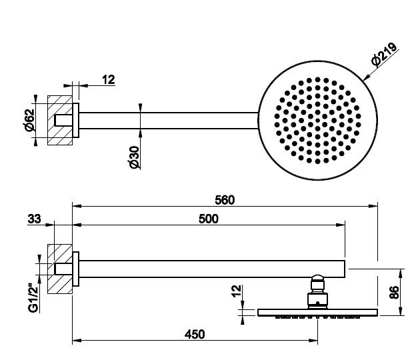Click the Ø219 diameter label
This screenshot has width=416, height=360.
[x=385, y=55]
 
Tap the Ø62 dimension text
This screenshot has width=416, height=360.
[x=30, y=120]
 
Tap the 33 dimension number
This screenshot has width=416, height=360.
[x=35, y=217]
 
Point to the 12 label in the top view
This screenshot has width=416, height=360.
[x=109, y=80]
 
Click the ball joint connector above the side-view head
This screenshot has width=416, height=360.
[x=318, y=288]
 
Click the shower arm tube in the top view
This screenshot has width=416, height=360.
[x=167, y=121]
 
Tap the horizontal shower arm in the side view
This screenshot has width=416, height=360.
[x=213, y=269]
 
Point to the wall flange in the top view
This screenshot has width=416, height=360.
[x=77, y=121]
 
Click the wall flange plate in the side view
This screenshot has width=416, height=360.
[x=77, y=269]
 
